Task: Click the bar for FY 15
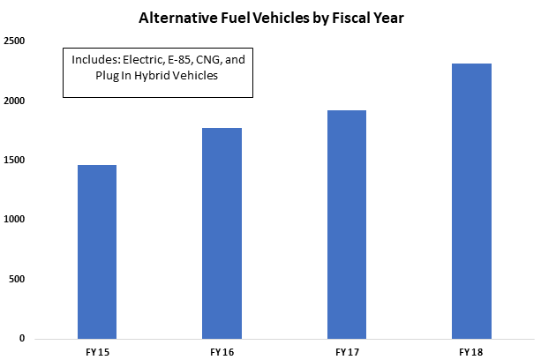coord(97,251)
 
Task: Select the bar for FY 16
coord(222,233)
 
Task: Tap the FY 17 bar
coord(346,224)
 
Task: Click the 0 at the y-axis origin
coord(21,339)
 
